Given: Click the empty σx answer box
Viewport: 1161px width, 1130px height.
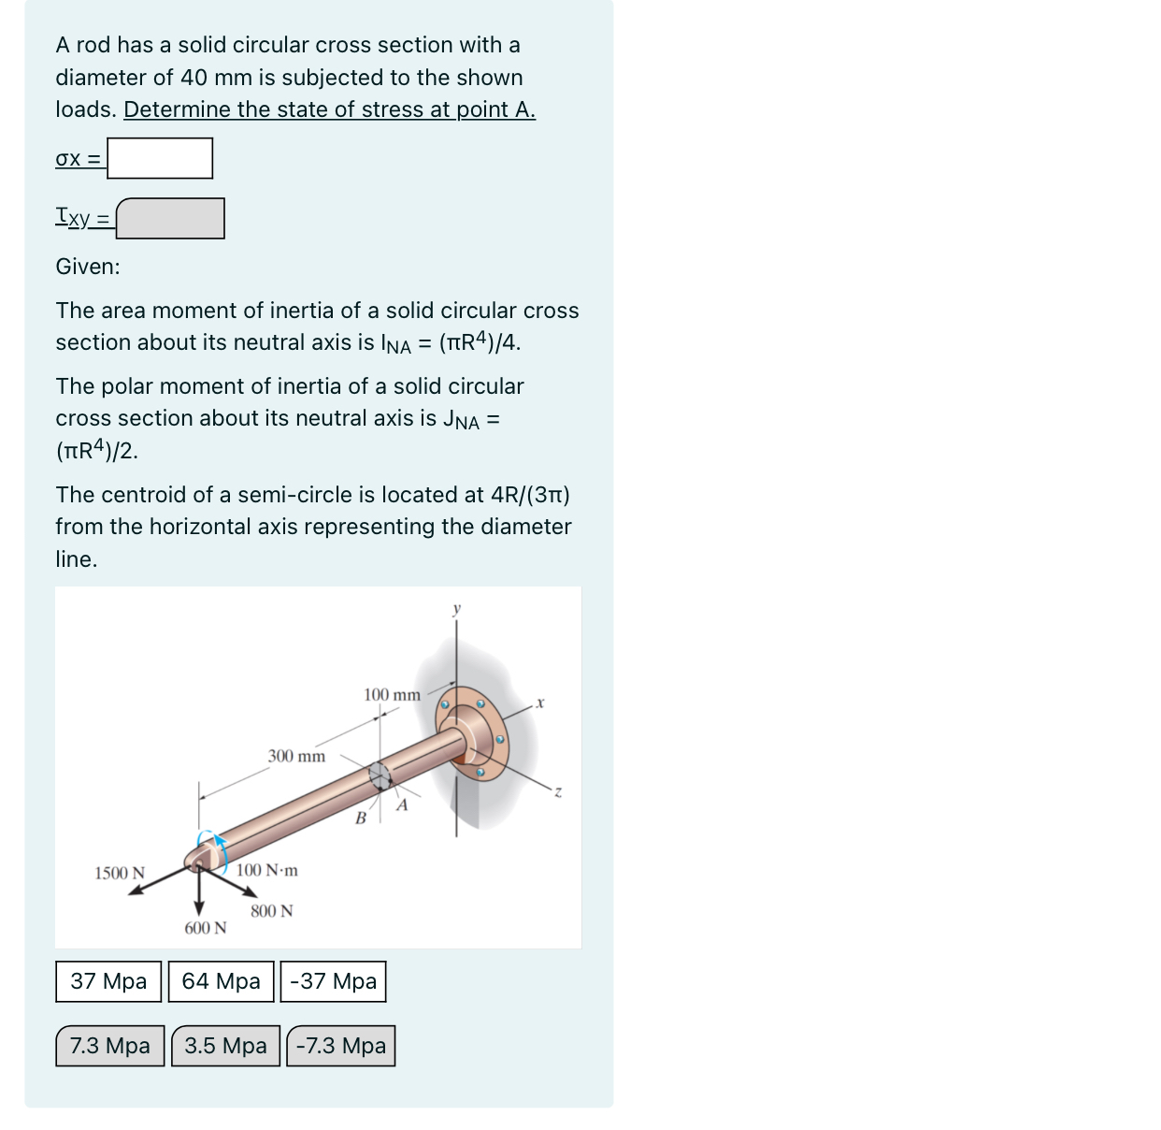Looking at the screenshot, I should tap(160, 158).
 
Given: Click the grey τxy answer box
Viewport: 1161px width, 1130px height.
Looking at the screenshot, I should tap(170, 218).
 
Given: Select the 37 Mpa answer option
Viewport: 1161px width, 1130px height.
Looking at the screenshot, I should tap(108, 981).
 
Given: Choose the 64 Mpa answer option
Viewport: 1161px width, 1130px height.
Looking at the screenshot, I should tap(221, 981).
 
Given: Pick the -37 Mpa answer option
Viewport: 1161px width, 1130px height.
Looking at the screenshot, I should tap(333, 981).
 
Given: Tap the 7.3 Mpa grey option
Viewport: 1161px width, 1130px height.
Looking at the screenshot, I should tap(109, 1046).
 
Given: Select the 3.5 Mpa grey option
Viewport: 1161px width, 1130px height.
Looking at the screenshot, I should tap(225, 1046).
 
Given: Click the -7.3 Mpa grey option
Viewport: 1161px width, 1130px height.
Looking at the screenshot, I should tap(340, 1046).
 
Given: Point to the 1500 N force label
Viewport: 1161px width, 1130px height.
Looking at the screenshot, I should tap(120, 873).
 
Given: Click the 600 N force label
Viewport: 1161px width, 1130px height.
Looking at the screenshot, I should tap(205, 928).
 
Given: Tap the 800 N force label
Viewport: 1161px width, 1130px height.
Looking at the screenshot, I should tap(271, 911).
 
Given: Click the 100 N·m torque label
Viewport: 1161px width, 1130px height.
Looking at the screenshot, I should tap(267, 870).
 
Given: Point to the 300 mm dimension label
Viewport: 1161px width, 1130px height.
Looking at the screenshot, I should tap(296, 756).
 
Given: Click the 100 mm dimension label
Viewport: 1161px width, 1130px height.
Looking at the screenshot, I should tap(392, 695).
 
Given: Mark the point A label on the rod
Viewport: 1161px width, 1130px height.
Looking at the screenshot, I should tap(403, 804).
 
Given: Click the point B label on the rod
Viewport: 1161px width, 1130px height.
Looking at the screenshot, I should tap(360, 819).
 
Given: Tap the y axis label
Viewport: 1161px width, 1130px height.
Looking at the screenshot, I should tap(457, 609).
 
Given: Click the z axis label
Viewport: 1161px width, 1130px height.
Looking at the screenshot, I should tap(558, 792).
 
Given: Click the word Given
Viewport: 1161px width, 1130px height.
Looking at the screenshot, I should tap(88, 267).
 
